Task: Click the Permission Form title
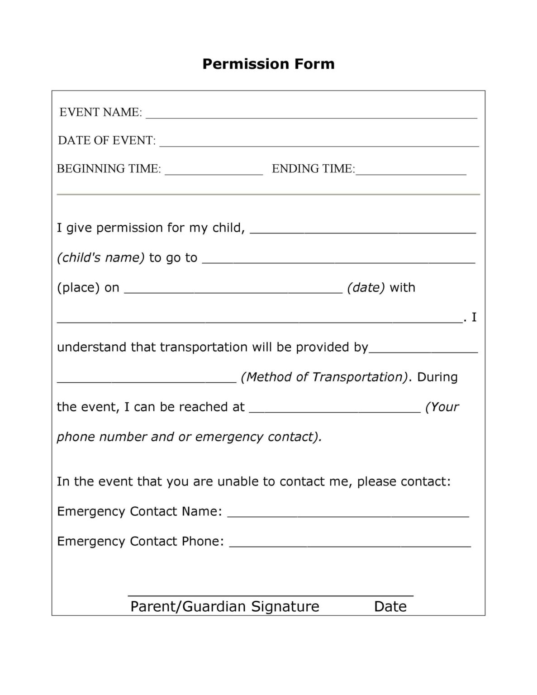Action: click(268, 64)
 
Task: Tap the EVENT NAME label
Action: click(100, 112)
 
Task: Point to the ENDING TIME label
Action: click(313, 169)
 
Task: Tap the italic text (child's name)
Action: click(100, 257)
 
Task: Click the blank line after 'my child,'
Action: click(363, 231)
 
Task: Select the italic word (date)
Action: click(366, 287)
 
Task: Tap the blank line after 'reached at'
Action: click(335, 410)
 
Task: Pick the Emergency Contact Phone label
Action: click(140, 541)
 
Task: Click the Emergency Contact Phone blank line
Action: click(350, 545)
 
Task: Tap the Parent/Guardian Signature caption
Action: click(224, 606)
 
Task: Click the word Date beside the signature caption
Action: click(390, 606)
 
